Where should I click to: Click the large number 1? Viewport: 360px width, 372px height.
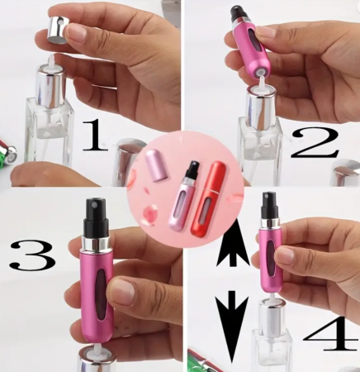click(95, 136)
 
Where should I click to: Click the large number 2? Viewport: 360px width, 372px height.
click(315, 143)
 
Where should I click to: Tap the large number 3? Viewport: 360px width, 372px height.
click(32, 255)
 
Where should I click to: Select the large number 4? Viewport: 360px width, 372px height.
click(331, 334)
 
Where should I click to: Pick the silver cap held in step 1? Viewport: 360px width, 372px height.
click(58, 30)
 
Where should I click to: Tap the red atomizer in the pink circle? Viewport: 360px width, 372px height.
click(206, 199)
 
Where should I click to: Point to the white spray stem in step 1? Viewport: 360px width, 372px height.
click(51, 60)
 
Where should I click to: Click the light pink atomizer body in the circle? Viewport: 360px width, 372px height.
click(179, 205)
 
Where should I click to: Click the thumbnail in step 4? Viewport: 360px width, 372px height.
click(286, 255)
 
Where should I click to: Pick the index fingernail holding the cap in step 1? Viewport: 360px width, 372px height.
click(76, 32)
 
